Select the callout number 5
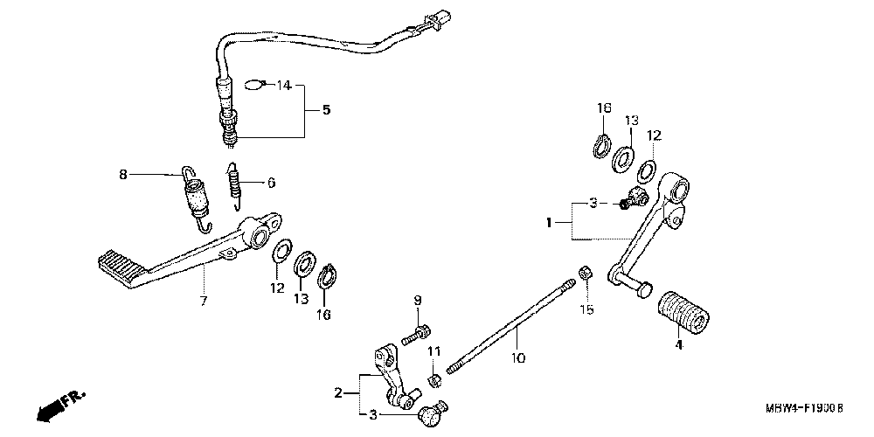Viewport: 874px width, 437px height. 326,111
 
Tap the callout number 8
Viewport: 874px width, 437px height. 123,175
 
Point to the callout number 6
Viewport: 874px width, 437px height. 271,183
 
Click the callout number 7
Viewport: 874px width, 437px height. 203,302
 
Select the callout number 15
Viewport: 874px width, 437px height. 587,309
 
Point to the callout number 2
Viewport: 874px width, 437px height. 338,394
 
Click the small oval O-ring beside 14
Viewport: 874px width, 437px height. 253,84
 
